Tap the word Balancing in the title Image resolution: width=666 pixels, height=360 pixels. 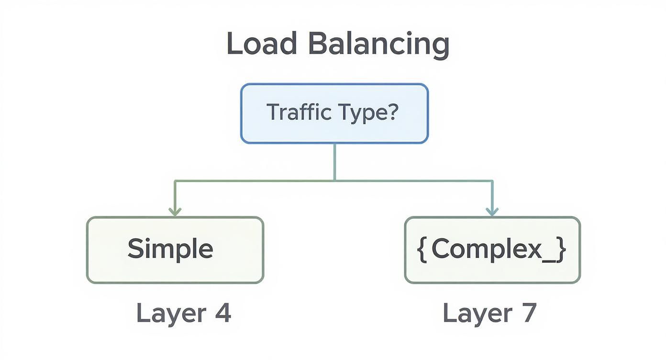(x=378, y=45)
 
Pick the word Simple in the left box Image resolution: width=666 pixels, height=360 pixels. (x=170, y=249)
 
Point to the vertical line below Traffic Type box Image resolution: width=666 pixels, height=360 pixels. (x=334, y=161)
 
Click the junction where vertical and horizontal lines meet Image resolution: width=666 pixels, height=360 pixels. (x=334, y=180)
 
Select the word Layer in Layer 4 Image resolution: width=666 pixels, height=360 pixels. (x=164, y=314)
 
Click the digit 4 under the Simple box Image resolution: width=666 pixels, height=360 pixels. (x=222, y=313)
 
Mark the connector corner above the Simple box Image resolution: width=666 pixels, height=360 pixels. (x=175, y=181)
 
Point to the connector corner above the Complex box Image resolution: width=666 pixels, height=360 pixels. (x=492, y=181)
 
